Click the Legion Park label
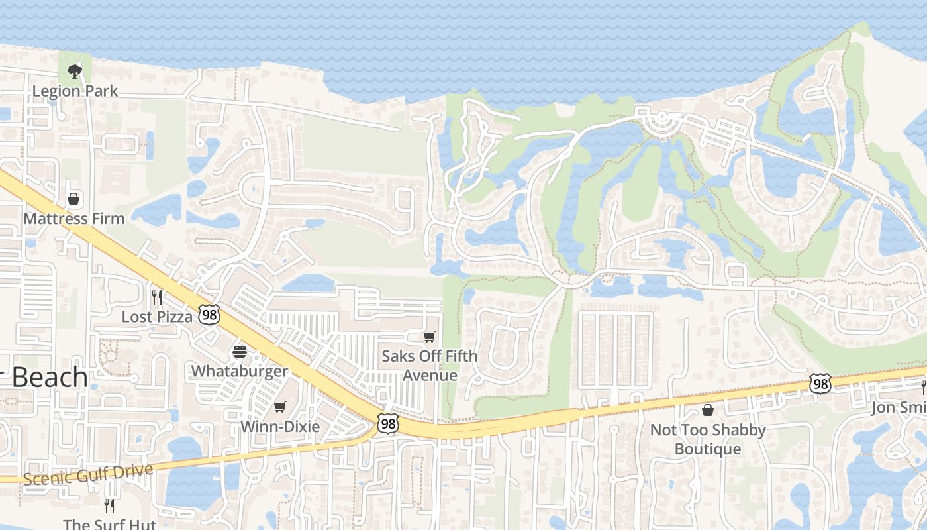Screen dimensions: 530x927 click(x=75, y=91)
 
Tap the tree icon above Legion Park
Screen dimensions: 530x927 click(x=75, y=71)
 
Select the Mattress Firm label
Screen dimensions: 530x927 click(x=74, y=218)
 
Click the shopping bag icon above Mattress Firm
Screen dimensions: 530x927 click(x=74, y=199)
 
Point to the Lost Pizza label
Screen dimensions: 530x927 click(x=157, y=317)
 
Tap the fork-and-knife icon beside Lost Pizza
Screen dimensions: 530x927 click(x=157, y=297)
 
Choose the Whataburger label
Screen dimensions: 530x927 click(x=240, y=370)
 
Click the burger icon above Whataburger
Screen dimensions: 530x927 click(x=240, y=351)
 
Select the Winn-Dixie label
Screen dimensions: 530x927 click(x=280, y=426)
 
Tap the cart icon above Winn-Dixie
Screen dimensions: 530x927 click(x=280, y=407)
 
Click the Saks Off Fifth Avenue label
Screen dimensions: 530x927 click(x=430, y=366)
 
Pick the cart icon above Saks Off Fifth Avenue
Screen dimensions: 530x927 click(x=430, y=337)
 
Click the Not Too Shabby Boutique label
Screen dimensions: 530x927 click(x=708, y=439)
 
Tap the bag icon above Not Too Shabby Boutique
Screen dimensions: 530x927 click(x=708, y=410)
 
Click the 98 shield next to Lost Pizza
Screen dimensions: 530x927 click(x=209, y=315)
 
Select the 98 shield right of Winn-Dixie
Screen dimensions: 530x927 click(x=387, y=424)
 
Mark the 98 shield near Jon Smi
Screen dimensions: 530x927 click(x=820, y=384)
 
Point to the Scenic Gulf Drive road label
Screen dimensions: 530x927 click(x=89, y=474)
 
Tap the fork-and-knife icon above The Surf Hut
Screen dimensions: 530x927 click(x=109, y=505)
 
